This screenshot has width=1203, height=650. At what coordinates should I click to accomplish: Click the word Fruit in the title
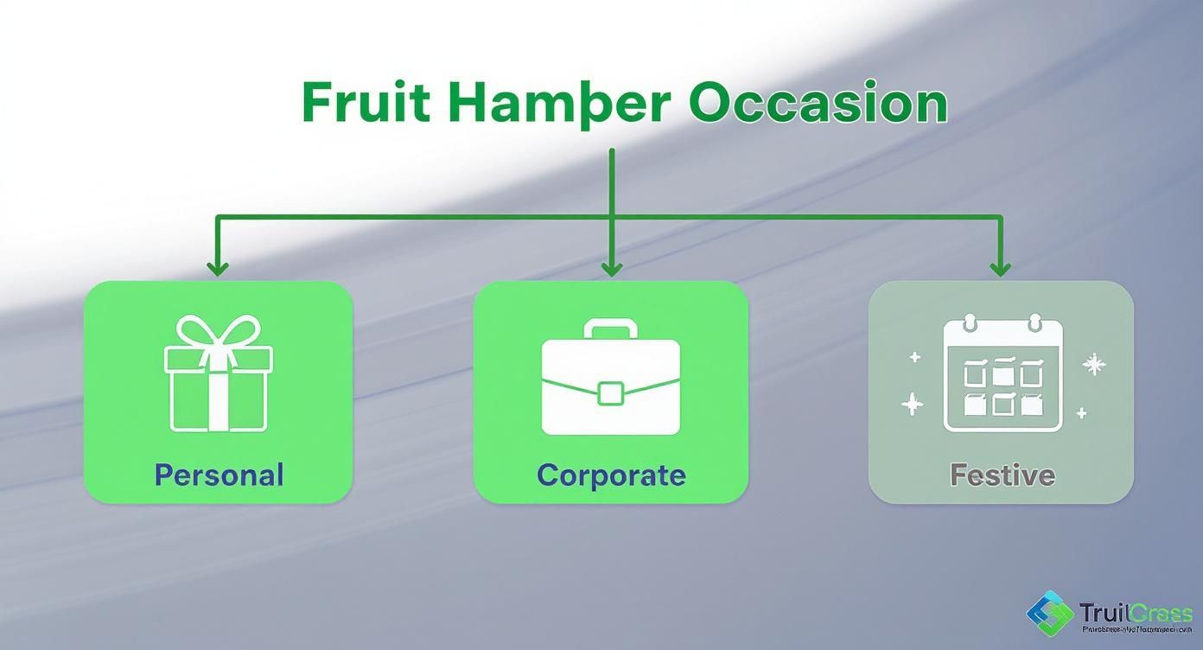[366, 103]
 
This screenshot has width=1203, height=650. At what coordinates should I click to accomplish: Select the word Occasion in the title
[818, 104]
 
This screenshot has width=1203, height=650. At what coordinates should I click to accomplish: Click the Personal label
[219, 475]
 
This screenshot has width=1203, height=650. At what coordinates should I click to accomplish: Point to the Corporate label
[611, 475]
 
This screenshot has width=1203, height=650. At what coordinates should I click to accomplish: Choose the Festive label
[1002, 475]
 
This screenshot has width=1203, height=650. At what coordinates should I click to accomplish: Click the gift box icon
[218, 375]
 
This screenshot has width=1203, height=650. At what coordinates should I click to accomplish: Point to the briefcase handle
[611, 328]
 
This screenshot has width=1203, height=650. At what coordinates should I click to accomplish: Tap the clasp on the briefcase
[611, 392]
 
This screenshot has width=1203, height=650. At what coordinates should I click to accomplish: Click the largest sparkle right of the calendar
[1094, 365]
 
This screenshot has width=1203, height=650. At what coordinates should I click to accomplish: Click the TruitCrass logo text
[1136, 613]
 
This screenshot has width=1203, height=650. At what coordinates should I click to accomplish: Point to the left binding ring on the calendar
[969, 324]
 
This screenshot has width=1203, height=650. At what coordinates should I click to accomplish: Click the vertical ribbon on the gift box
[218, 393]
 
